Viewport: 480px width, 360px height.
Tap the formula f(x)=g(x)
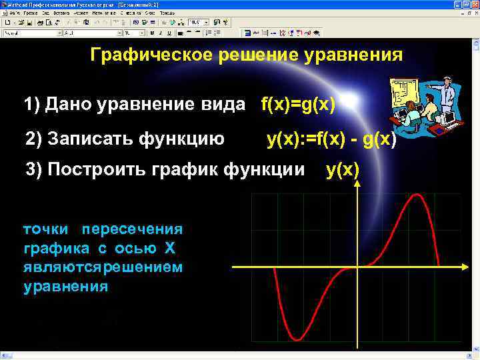click(x=298, y=105)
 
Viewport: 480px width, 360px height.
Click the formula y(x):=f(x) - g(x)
click(x=331, y=139)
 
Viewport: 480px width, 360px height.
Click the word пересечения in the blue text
click(x=132, y=229)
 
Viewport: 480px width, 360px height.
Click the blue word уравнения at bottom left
click(x=65, y=287)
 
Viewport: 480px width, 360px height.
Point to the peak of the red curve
click(x=417, y=195)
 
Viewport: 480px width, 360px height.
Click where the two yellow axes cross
click(x=358, y=267)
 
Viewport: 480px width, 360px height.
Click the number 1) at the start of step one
click(x=31, y=105)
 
